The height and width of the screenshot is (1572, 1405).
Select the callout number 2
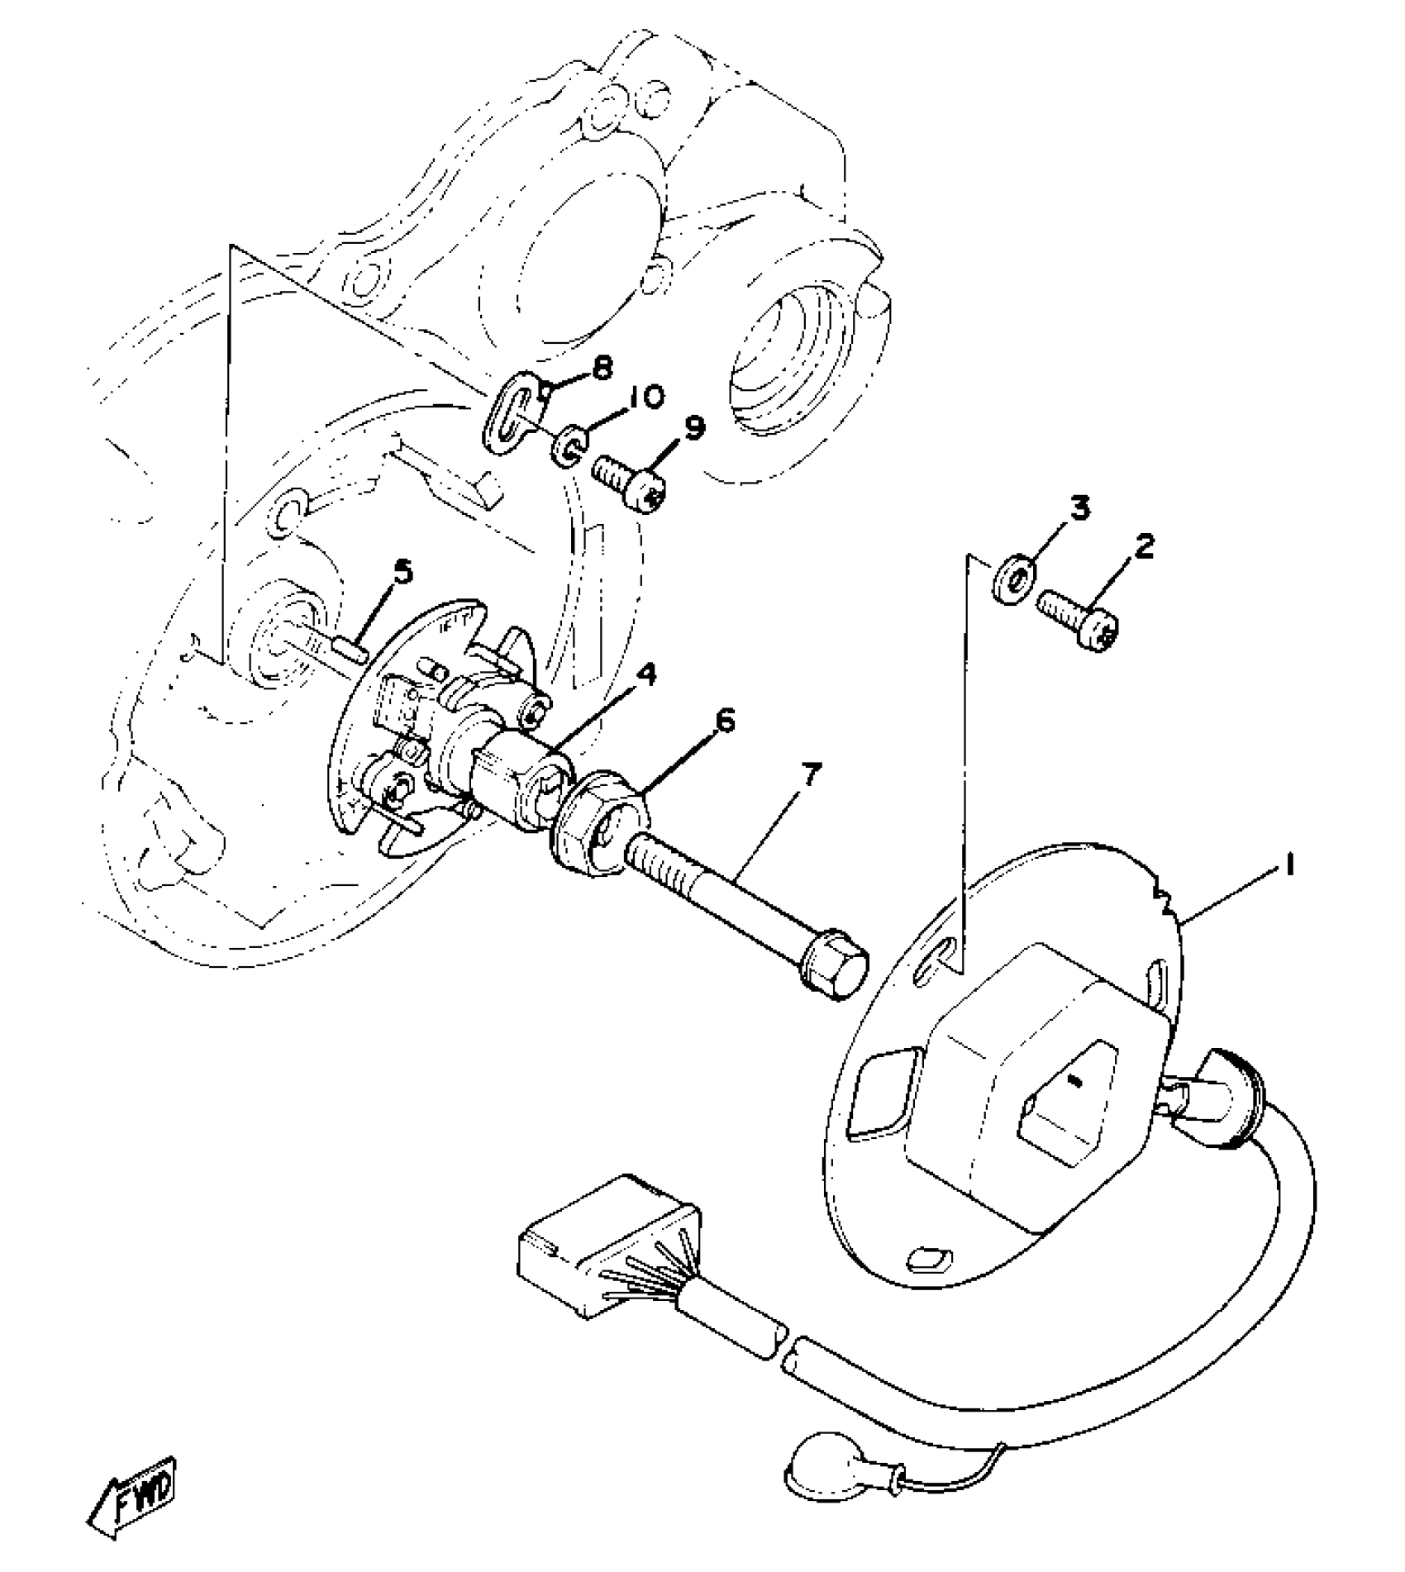1144,546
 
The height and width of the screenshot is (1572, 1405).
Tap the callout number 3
1080,507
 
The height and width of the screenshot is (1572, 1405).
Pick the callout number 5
402,572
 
